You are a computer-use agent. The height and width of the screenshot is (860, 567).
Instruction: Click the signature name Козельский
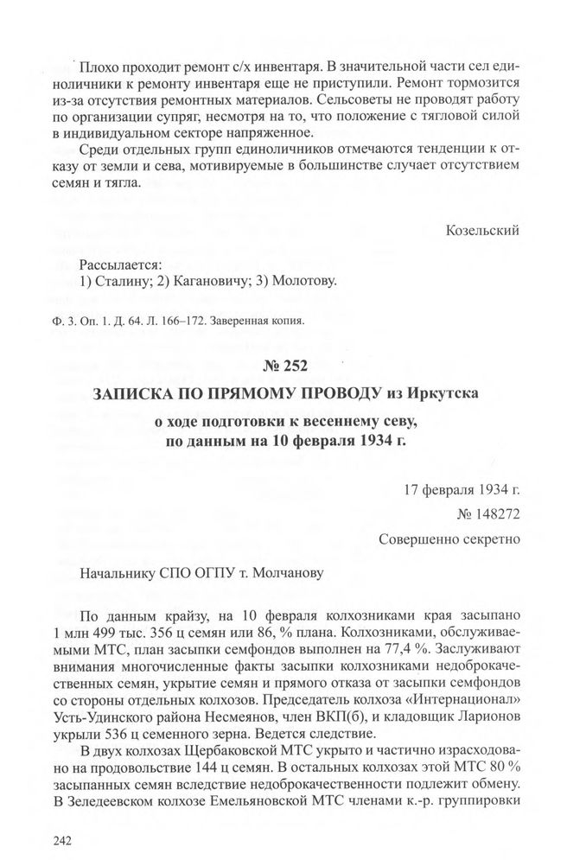483,231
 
